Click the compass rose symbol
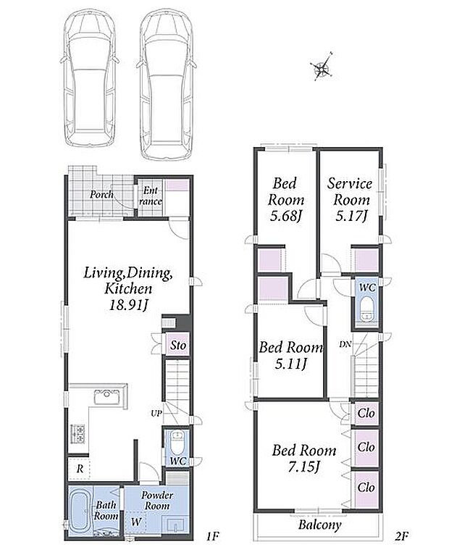[322, 67]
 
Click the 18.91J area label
[127, 305]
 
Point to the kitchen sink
[108, 397]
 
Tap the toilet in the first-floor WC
[176, 442]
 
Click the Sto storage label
[177, 345]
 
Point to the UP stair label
[156, 413]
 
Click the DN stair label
[345, 344]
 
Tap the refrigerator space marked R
[80, 469]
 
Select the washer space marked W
[136, 522]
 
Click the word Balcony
[320, 525]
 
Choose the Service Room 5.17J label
[349, 200]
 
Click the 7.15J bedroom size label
[304, 467]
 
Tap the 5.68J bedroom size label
[286, 216]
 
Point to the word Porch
[101, 194]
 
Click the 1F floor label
[212, 537]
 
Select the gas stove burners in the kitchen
[78, 434]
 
